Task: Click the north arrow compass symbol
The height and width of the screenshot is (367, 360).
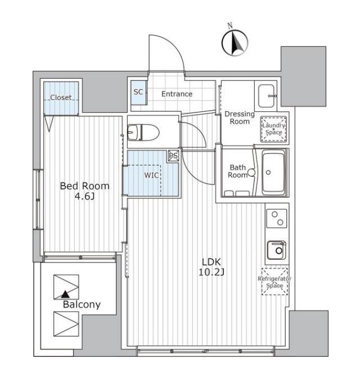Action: tap(235, 43)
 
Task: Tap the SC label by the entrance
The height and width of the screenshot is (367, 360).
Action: tap(138, 92)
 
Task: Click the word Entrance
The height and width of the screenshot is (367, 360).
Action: tap(177, 94)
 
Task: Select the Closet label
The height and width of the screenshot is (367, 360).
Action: tap(61, 97)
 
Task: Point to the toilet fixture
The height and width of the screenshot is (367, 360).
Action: tap(143, 133)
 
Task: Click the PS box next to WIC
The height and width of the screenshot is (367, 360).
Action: tap(173, 156)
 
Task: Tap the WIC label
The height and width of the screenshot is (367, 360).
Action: tap(151, 175)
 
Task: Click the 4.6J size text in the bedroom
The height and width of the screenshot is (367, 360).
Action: tap(84, 197)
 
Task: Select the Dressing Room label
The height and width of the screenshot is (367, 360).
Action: tap(240, 117)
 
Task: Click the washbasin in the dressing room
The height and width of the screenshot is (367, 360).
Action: tap(266, 96)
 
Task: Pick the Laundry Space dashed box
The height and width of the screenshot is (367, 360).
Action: tap(273, 129)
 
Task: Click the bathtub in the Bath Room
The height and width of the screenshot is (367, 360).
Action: tap(273, 173)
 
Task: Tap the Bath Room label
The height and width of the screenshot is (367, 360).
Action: tap(238, 171)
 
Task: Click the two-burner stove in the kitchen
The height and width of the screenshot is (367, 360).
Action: tap(277, 219)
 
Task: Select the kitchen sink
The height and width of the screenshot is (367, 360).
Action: tap(277, 250)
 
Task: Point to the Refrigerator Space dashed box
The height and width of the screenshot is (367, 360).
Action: tap(274, 282)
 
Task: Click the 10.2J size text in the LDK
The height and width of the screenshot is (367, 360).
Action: tap(211, 272)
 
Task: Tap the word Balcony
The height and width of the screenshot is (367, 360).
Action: tap(82, 305)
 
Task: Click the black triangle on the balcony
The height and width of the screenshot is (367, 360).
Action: tap(65, 294)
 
